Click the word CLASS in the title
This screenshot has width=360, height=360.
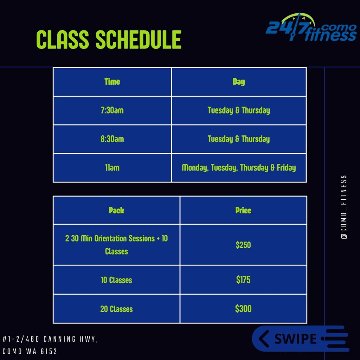pyautogui.click(x=63, y=39)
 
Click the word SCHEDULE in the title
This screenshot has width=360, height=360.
pyautogui.click(x=139, y=39)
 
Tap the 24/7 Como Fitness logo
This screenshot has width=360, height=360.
pyautogui.click(x=311, y=27)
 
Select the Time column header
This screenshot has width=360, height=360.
pyautogui.click(x=112, y=82)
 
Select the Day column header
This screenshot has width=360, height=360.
pyautogui.click(x=239, y=82)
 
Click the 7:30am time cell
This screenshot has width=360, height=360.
pyautogui.click(x=112, y=110)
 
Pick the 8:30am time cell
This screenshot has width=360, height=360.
pyautogui.click(x=112, y=139)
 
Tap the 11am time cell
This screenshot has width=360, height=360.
pyautogui.click(x=112, y=168)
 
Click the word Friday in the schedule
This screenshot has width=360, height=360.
pyautogui.click(x=286, y=168)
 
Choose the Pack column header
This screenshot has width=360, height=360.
pyautogui.click(x=116, y=210)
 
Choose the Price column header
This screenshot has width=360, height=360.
pyautogui.click(x=243, y=210)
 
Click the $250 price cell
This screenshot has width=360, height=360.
pyautogui.click(x=243, y=245)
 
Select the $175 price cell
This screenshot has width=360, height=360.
pyautogui.click(x=243, y=280)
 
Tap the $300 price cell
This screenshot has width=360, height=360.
pyautogui.click(x=243, y=309)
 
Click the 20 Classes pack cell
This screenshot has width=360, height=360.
pyautogui.click(x=116, y=309)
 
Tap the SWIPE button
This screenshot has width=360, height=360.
pyautogui.click(x=301, y=339)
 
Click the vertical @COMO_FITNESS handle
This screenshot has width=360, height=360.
pyautogui.click(x=344, y=207)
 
